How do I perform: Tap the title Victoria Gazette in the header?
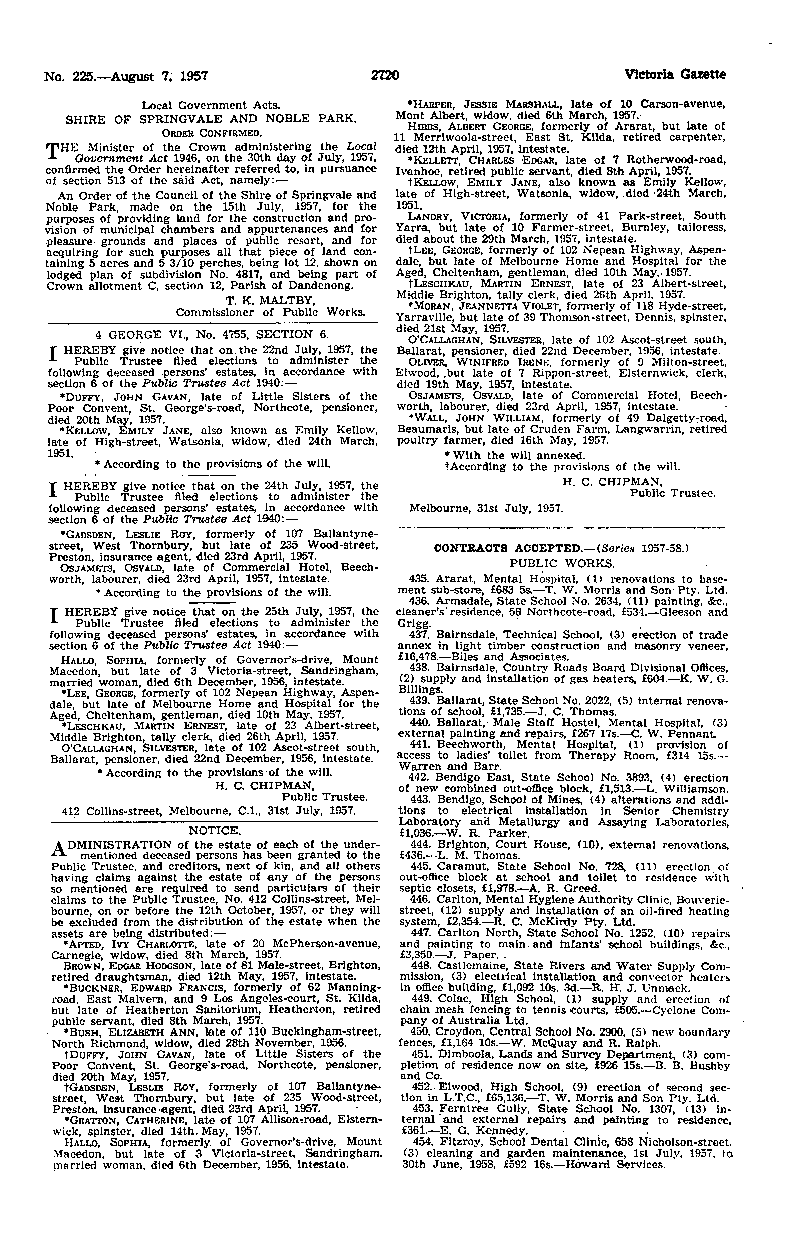pos(675,75)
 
